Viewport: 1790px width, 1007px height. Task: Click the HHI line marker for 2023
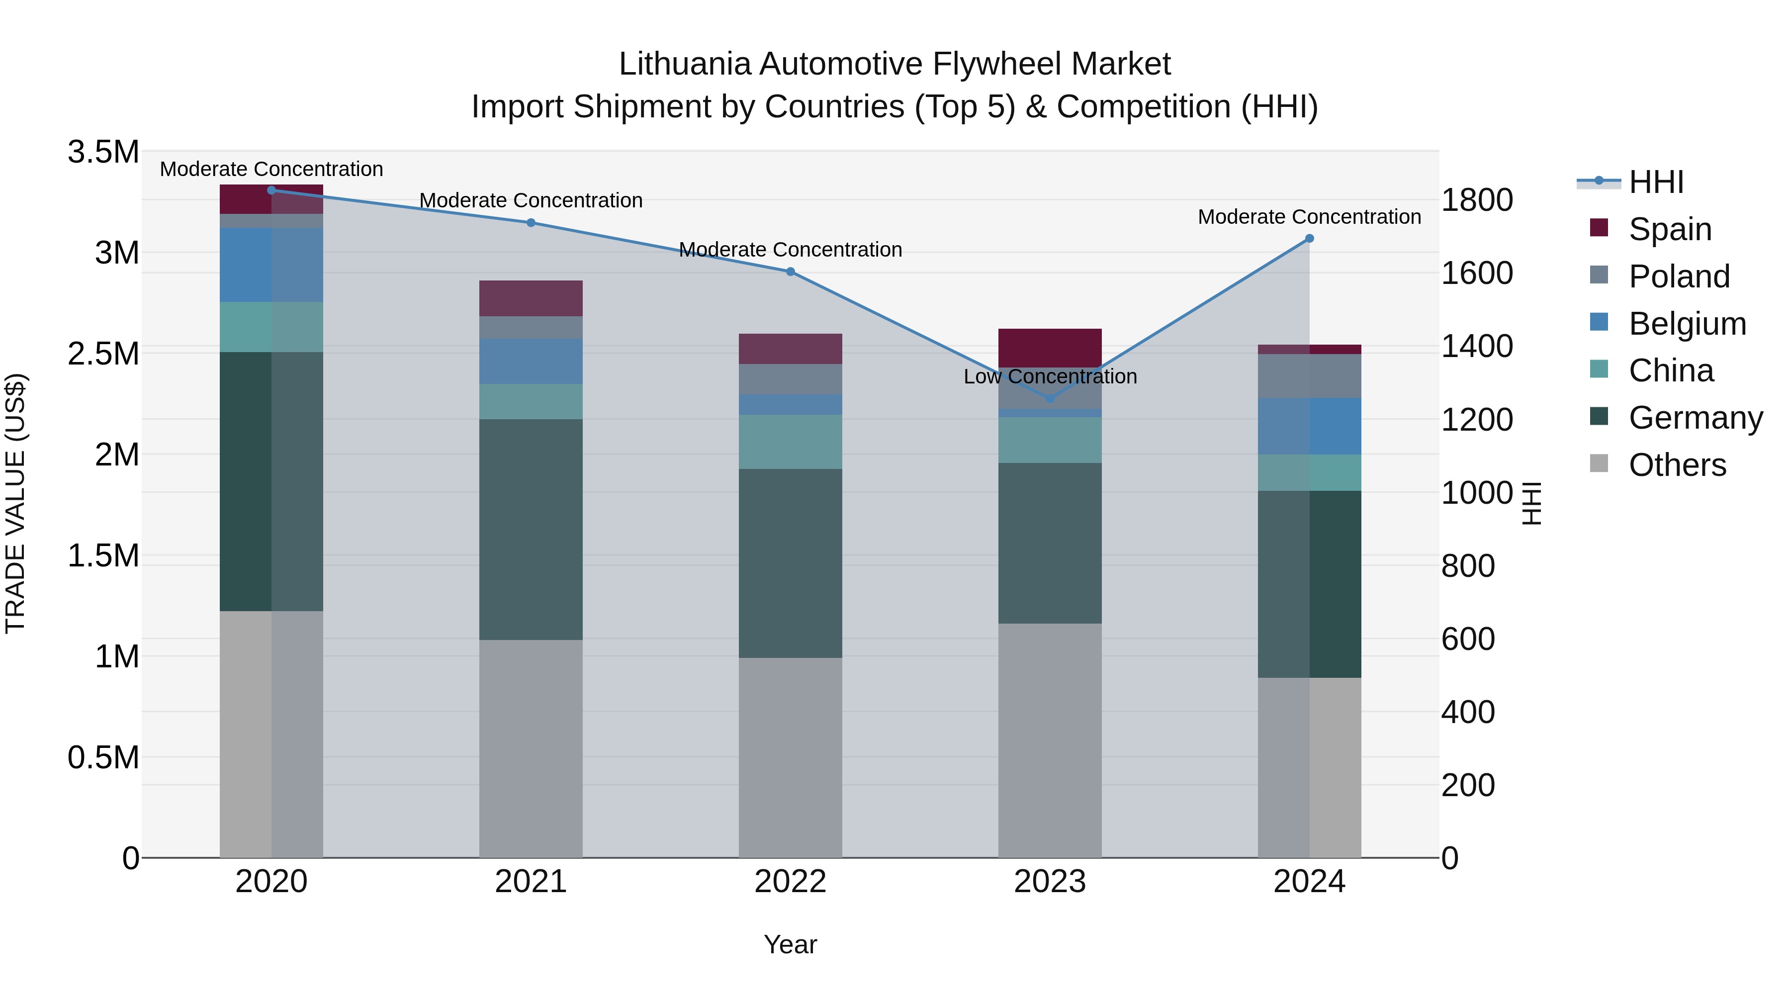click(x=1050, y=399)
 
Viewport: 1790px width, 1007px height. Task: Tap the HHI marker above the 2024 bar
click(x=1309, y=238)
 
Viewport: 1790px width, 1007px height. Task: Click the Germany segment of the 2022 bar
click(x=790, y=563)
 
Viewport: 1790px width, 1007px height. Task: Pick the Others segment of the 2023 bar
click(x=1050, y=740)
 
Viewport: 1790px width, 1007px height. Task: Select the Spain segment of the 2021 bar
click(x=531, y=299)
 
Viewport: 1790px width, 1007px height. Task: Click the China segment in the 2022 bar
click(x=790, y=442)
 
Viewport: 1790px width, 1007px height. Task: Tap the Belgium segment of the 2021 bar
click(x=531, y=362)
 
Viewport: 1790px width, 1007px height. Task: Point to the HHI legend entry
click(x=1655, y=182)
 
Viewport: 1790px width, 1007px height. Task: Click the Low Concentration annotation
click(x=1050, y=376)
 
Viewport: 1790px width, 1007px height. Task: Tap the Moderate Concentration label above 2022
click(x=790, y=250)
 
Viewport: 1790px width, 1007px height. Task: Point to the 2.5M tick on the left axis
click(x=103, y=354)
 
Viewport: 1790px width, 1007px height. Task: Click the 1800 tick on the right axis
click(x=1477, y=200)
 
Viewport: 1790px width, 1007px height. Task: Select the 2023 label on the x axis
click(x=1050, y=882)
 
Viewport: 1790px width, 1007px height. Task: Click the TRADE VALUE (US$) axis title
click(x=15, y=503)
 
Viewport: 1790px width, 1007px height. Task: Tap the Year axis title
click(x=790, y=944)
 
